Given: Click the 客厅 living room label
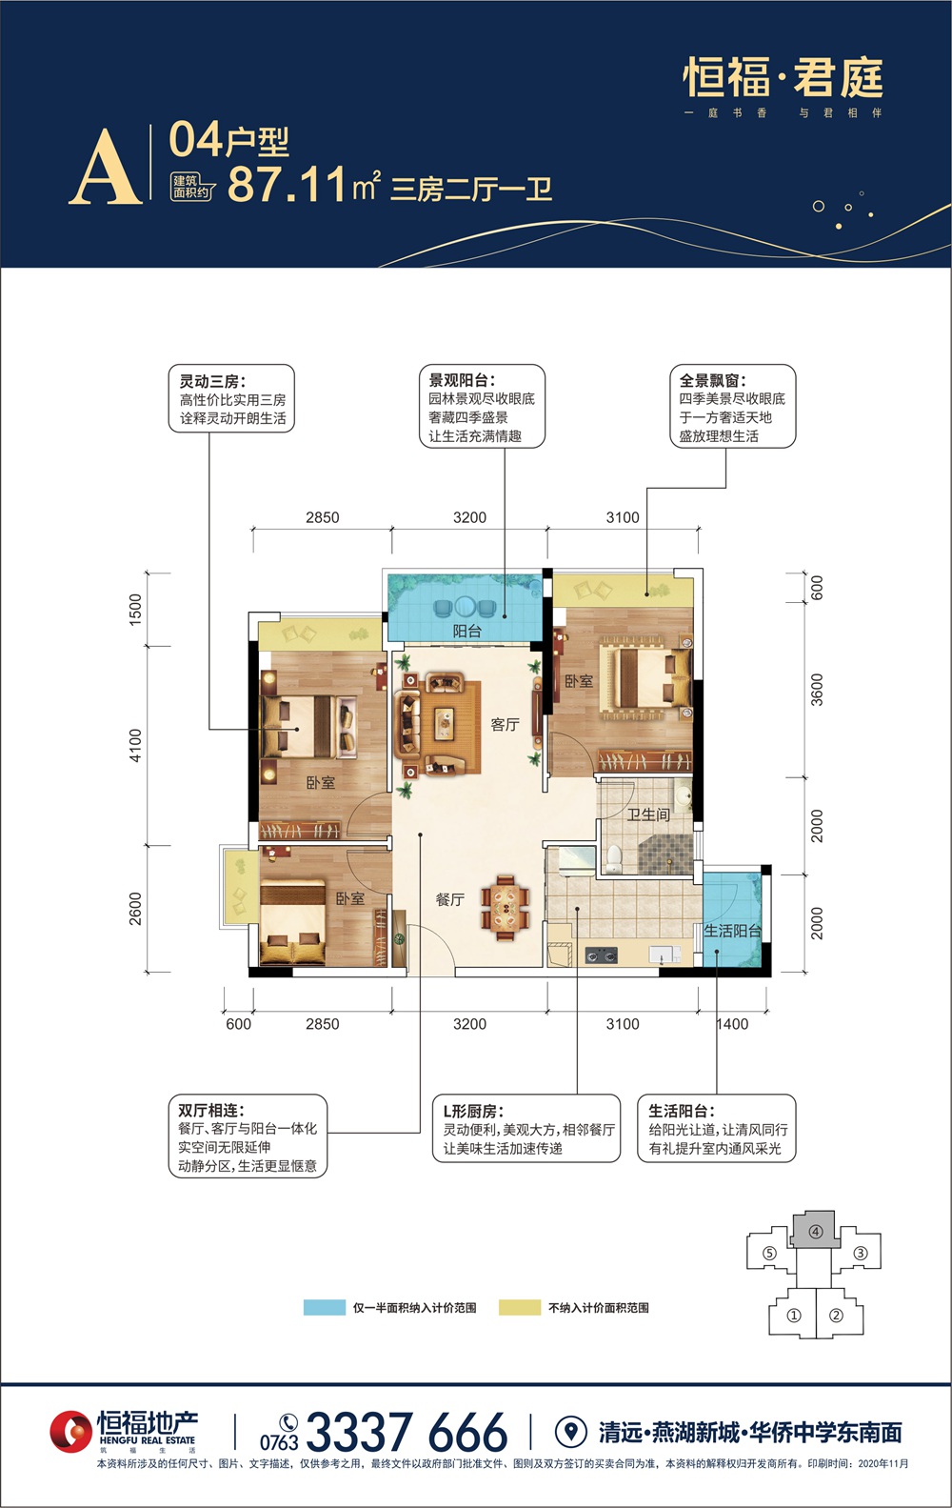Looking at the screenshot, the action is pos(505,724).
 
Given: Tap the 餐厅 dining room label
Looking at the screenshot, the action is pos(450,899).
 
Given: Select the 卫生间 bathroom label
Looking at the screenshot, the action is pos(648,814).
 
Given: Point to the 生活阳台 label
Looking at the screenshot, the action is pos(732,931).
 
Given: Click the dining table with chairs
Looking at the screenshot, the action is pos(506,907).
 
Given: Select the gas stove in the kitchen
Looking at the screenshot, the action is pos(601,955).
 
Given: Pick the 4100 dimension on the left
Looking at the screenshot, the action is pos(135,745).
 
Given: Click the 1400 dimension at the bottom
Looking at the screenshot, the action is pos(731,1024).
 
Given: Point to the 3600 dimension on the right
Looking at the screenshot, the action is pos(817,690).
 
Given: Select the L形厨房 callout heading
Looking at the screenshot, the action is pos(473,1111).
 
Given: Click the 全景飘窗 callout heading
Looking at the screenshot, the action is pos(712,380).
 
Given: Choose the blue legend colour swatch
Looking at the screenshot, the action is pos(325,1307).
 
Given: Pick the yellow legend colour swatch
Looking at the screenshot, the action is pos(520,1307).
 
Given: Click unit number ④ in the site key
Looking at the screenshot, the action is pos(816,1232).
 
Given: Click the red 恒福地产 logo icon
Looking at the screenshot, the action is pos(70,1431).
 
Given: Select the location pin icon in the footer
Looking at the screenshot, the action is pos(571,1431).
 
